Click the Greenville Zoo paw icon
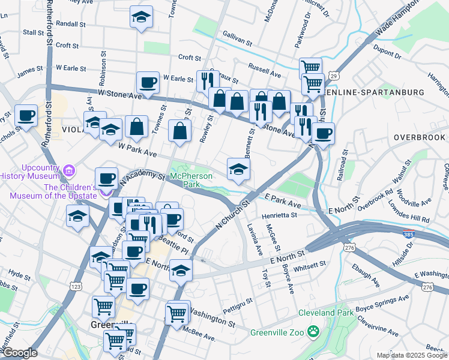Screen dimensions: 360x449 (313, 331)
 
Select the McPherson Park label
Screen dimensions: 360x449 (192, 180)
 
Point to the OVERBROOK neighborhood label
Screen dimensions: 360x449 (420, 137)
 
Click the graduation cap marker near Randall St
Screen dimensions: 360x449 (141, 18)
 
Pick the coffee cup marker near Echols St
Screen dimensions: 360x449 (26, 116)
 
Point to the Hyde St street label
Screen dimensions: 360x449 (19, 275)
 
